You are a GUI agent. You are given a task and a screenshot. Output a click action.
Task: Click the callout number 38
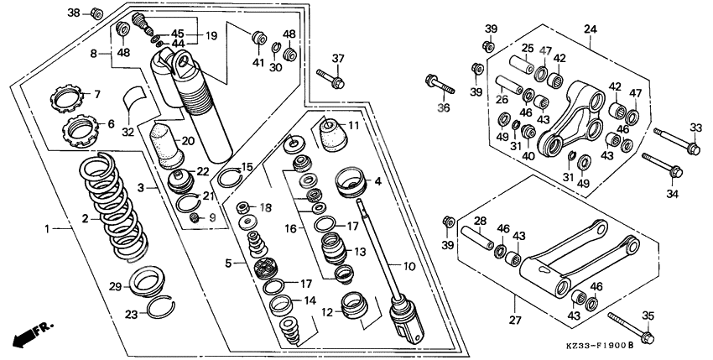point(73,13)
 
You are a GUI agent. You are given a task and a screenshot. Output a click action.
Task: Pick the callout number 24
point(591,30)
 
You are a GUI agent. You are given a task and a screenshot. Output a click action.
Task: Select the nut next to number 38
point(96,13)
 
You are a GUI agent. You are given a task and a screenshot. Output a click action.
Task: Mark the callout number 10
point(409,267)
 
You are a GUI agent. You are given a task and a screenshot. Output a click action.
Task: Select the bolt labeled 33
point(674,140)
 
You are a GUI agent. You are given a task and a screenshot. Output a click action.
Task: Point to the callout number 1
point(47,227)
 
